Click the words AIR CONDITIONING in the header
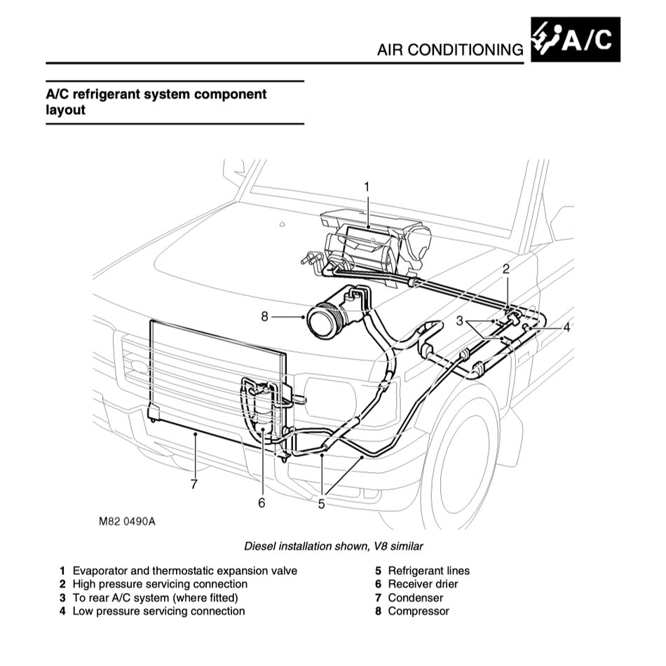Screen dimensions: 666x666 point(449,50)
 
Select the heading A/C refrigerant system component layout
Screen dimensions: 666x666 point(156,102)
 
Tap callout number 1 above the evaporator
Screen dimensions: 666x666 point(366,186)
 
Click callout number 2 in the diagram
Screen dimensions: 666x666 point(506,268)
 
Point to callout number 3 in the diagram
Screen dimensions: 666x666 point(460,321)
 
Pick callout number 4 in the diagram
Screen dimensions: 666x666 point(566,327)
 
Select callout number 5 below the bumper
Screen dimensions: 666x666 point(321,503)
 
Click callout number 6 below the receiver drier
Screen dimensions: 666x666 point(261,503)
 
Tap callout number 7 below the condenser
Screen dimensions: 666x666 point(193,483)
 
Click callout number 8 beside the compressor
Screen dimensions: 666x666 point(265,316)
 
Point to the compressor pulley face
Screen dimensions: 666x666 point(324,321)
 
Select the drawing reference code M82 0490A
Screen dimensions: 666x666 point(127,522)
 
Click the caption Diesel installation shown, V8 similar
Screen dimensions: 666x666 point(333,545)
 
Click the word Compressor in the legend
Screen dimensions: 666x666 point(418,611)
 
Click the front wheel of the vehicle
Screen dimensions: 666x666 point(463,463)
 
